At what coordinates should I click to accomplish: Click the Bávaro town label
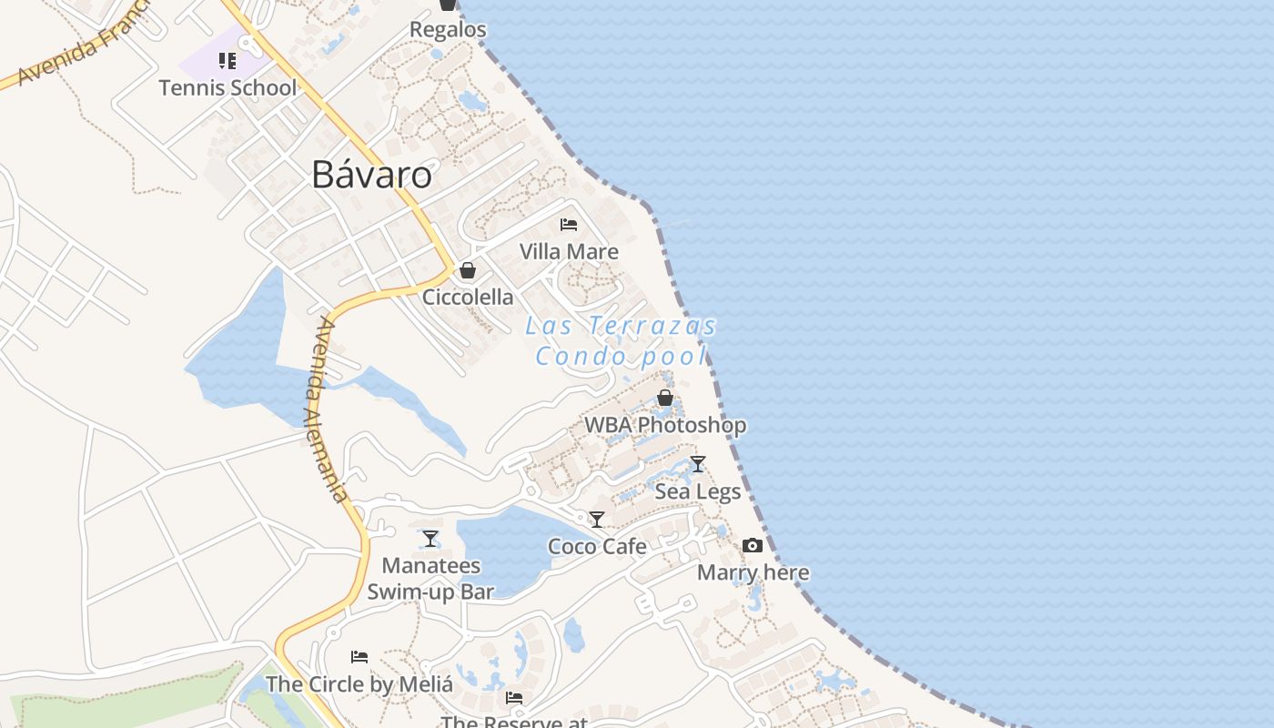tap(371, 174)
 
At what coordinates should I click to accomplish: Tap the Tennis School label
tap(227, 87)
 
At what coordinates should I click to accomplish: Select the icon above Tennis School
tap(227, 61)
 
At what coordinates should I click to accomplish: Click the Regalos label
tap(448, 29)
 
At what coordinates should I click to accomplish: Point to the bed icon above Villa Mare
tap(569, 225)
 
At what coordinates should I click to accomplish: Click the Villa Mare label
tap(569, 251)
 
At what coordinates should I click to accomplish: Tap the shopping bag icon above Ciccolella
tap(468, 270)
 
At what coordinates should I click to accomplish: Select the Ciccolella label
tap(468, 297)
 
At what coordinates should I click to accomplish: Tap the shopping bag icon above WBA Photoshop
tap(665, 398)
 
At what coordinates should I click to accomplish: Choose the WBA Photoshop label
tap(665, 425)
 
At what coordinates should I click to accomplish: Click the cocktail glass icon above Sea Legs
tap(698, 464)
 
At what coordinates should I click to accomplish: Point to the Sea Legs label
tap(698, 491)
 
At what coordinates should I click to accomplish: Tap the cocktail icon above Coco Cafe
tap(597, 520)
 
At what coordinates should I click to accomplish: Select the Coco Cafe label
tap(597, 546)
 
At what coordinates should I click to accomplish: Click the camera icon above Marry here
tap(753, 546)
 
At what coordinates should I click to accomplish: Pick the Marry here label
tap(753, 572)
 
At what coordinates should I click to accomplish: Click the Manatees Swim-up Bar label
tap(430, 579)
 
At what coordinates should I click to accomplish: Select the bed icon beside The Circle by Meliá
tap(359, 657)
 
